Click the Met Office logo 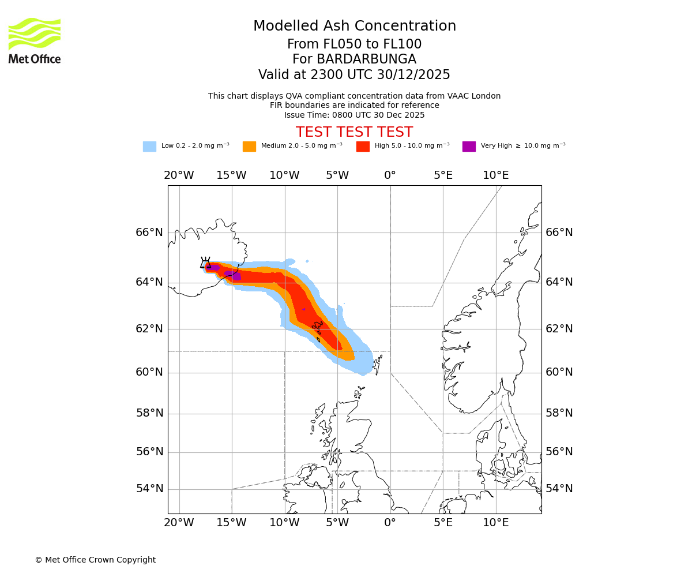click(35, 40)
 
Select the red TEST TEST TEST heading click(354, 132)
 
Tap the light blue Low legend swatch click(149, 147)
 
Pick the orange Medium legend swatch click(249, 147)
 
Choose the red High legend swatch click(363, 147)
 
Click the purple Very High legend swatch click(469, 147)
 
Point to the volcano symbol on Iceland click(205, 263)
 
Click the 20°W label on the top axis click(179, 175)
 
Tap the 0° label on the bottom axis click(390, 523)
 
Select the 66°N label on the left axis click(149, 233)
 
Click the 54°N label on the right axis click(559, 489)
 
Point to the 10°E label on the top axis click(496, 175)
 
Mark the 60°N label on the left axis click(149, 372)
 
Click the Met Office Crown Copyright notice click(95, 560)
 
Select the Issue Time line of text click(354, 115)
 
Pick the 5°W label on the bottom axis click(337, 523)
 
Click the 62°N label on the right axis click(559, 329)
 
